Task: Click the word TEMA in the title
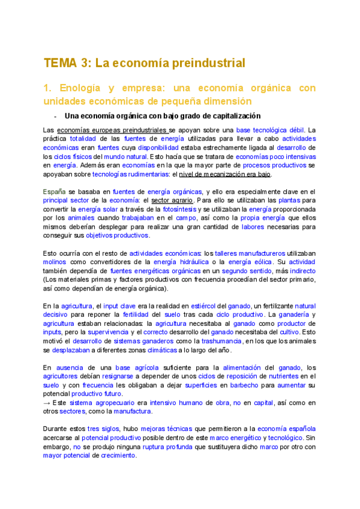[61, 63]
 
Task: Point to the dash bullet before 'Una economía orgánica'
[55, 116]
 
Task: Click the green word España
[55, 191]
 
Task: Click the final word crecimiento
[118, 456]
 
